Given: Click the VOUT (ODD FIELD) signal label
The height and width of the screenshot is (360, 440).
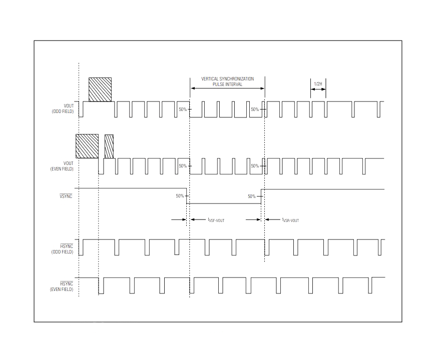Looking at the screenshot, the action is click(63, 108).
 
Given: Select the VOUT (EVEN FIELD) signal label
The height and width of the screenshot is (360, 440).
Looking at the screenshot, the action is click(62, 166).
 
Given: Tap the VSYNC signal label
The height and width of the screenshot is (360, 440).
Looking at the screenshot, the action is click(66, 196).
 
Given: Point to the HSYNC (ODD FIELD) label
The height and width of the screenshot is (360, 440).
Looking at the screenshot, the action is click(62, 249).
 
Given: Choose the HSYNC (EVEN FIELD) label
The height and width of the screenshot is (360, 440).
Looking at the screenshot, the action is click(62, 286).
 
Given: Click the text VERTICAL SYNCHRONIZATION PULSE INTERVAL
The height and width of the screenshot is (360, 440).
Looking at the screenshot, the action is click(228, 81).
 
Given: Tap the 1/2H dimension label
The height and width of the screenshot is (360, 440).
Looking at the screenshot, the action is click(318, 84).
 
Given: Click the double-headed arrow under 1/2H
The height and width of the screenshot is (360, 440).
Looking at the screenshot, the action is click(318, 89).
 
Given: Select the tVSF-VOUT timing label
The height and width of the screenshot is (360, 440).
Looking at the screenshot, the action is click(216, 220).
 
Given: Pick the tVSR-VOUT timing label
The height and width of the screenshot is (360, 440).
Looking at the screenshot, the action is click(290, 220).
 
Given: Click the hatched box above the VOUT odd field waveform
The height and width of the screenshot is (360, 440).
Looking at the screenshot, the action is click(100, 89).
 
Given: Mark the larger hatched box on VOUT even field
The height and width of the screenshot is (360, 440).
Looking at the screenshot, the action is click(87, 146).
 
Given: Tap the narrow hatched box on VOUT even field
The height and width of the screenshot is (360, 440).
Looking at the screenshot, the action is click(109, 146).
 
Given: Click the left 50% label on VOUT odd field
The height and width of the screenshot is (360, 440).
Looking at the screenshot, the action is click(183, 109).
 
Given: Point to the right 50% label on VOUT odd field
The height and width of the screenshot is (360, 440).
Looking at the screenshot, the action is click(255, 109).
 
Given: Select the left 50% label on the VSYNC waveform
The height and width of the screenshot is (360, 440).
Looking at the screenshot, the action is click(180, 196).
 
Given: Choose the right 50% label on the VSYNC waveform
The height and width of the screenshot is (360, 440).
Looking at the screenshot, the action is click(252, 196).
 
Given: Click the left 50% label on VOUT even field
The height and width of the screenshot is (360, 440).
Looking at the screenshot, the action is click(183, 166).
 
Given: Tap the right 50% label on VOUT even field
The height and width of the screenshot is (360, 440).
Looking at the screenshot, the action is click(255, 166).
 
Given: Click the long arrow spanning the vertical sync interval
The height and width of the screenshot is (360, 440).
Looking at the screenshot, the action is click(227, 88).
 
